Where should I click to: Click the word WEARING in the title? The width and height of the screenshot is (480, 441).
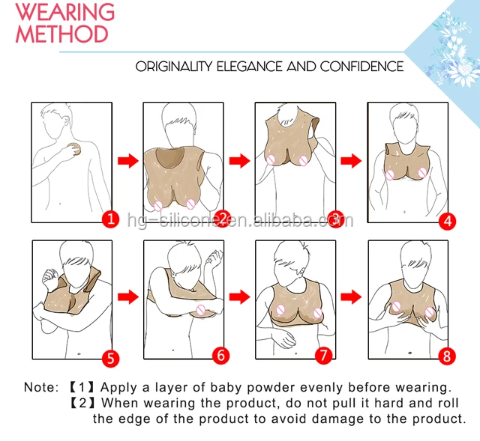point(65,12)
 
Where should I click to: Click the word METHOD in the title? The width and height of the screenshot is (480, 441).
point(61,34)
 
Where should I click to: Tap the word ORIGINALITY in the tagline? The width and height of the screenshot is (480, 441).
point(173,67)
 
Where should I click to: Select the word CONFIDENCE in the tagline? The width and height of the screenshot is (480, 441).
point(361,67)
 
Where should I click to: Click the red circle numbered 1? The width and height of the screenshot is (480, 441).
point(110,219)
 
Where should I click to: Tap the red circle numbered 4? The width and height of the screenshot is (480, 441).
point(447,221)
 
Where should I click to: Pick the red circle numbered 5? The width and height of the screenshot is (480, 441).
point(110,358)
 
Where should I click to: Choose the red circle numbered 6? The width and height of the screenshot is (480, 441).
point(221,355)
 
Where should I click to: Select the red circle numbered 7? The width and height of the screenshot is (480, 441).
point(323,355)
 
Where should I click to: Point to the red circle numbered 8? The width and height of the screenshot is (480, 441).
point(447,356)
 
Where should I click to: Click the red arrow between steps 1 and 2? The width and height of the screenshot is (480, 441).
point(128,161)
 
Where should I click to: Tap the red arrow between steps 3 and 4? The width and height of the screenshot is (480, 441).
point(351,161)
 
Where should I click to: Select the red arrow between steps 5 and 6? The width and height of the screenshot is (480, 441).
point(128,296)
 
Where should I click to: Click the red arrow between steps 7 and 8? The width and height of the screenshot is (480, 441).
point(351,296)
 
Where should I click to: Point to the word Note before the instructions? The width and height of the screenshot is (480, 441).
point(41,387)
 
